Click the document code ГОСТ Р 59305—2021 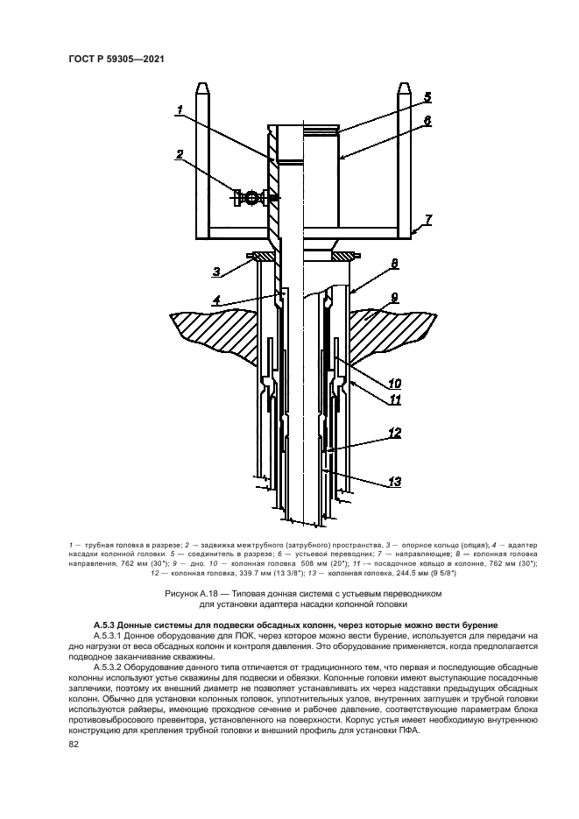(x=117, y=59)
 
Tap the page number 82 (x=74, y=745)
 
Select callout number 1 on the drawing (x=179, y=110)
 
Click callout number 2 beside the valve (x=179, y=155)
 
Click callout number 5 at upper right (x=427, y=97)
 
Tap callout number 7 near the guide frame (x=427, y=218)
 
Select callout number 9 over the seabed (x=394, y=298)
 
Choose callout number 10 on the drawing (x=395, y=382)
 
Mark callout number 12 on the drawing (x=395, y=433)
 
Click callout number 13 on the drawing (x=395, y=481)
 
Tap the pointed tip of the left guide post (x=201, y=85)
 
